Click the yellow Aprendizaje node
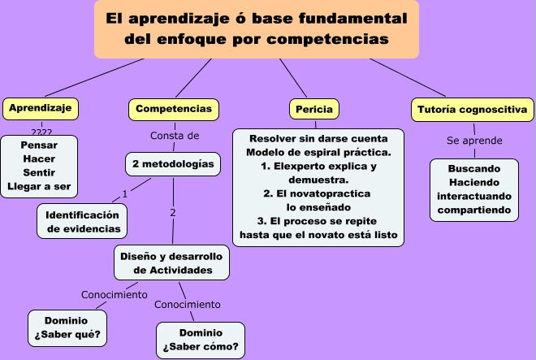coord(41,109)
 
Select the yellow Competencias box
coord(174,110)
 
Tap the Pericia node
coord(314,109)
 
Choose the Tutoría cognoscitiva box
coord(473,110)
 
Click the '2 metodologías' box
coord(173,164)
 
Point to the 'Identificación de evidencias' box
coord(82,221)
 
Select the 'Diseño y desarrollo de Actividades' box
coord(171,262)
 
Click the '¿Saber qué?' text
coord(67,334)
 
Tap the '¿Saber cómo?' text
coord(201,347)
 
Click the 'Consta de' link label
coord(175,136)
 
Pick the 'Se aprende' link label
coord(474,141)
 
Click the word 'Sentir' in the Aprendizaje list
coord(39,172)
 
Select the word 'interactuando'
coord(474,196)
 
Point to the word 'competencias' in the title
coord(328,39)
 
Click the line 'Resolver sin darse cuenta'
coord(318,139)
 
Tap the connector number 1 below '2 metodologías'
coord(125,194)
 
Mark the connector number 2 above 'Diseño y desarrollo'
coord(173,213)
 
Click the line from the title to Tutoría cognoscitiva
coord(408,77)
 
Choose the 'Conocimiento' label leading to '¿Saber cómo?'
coord(188,305)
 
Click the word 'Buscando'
coord(474,169)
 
